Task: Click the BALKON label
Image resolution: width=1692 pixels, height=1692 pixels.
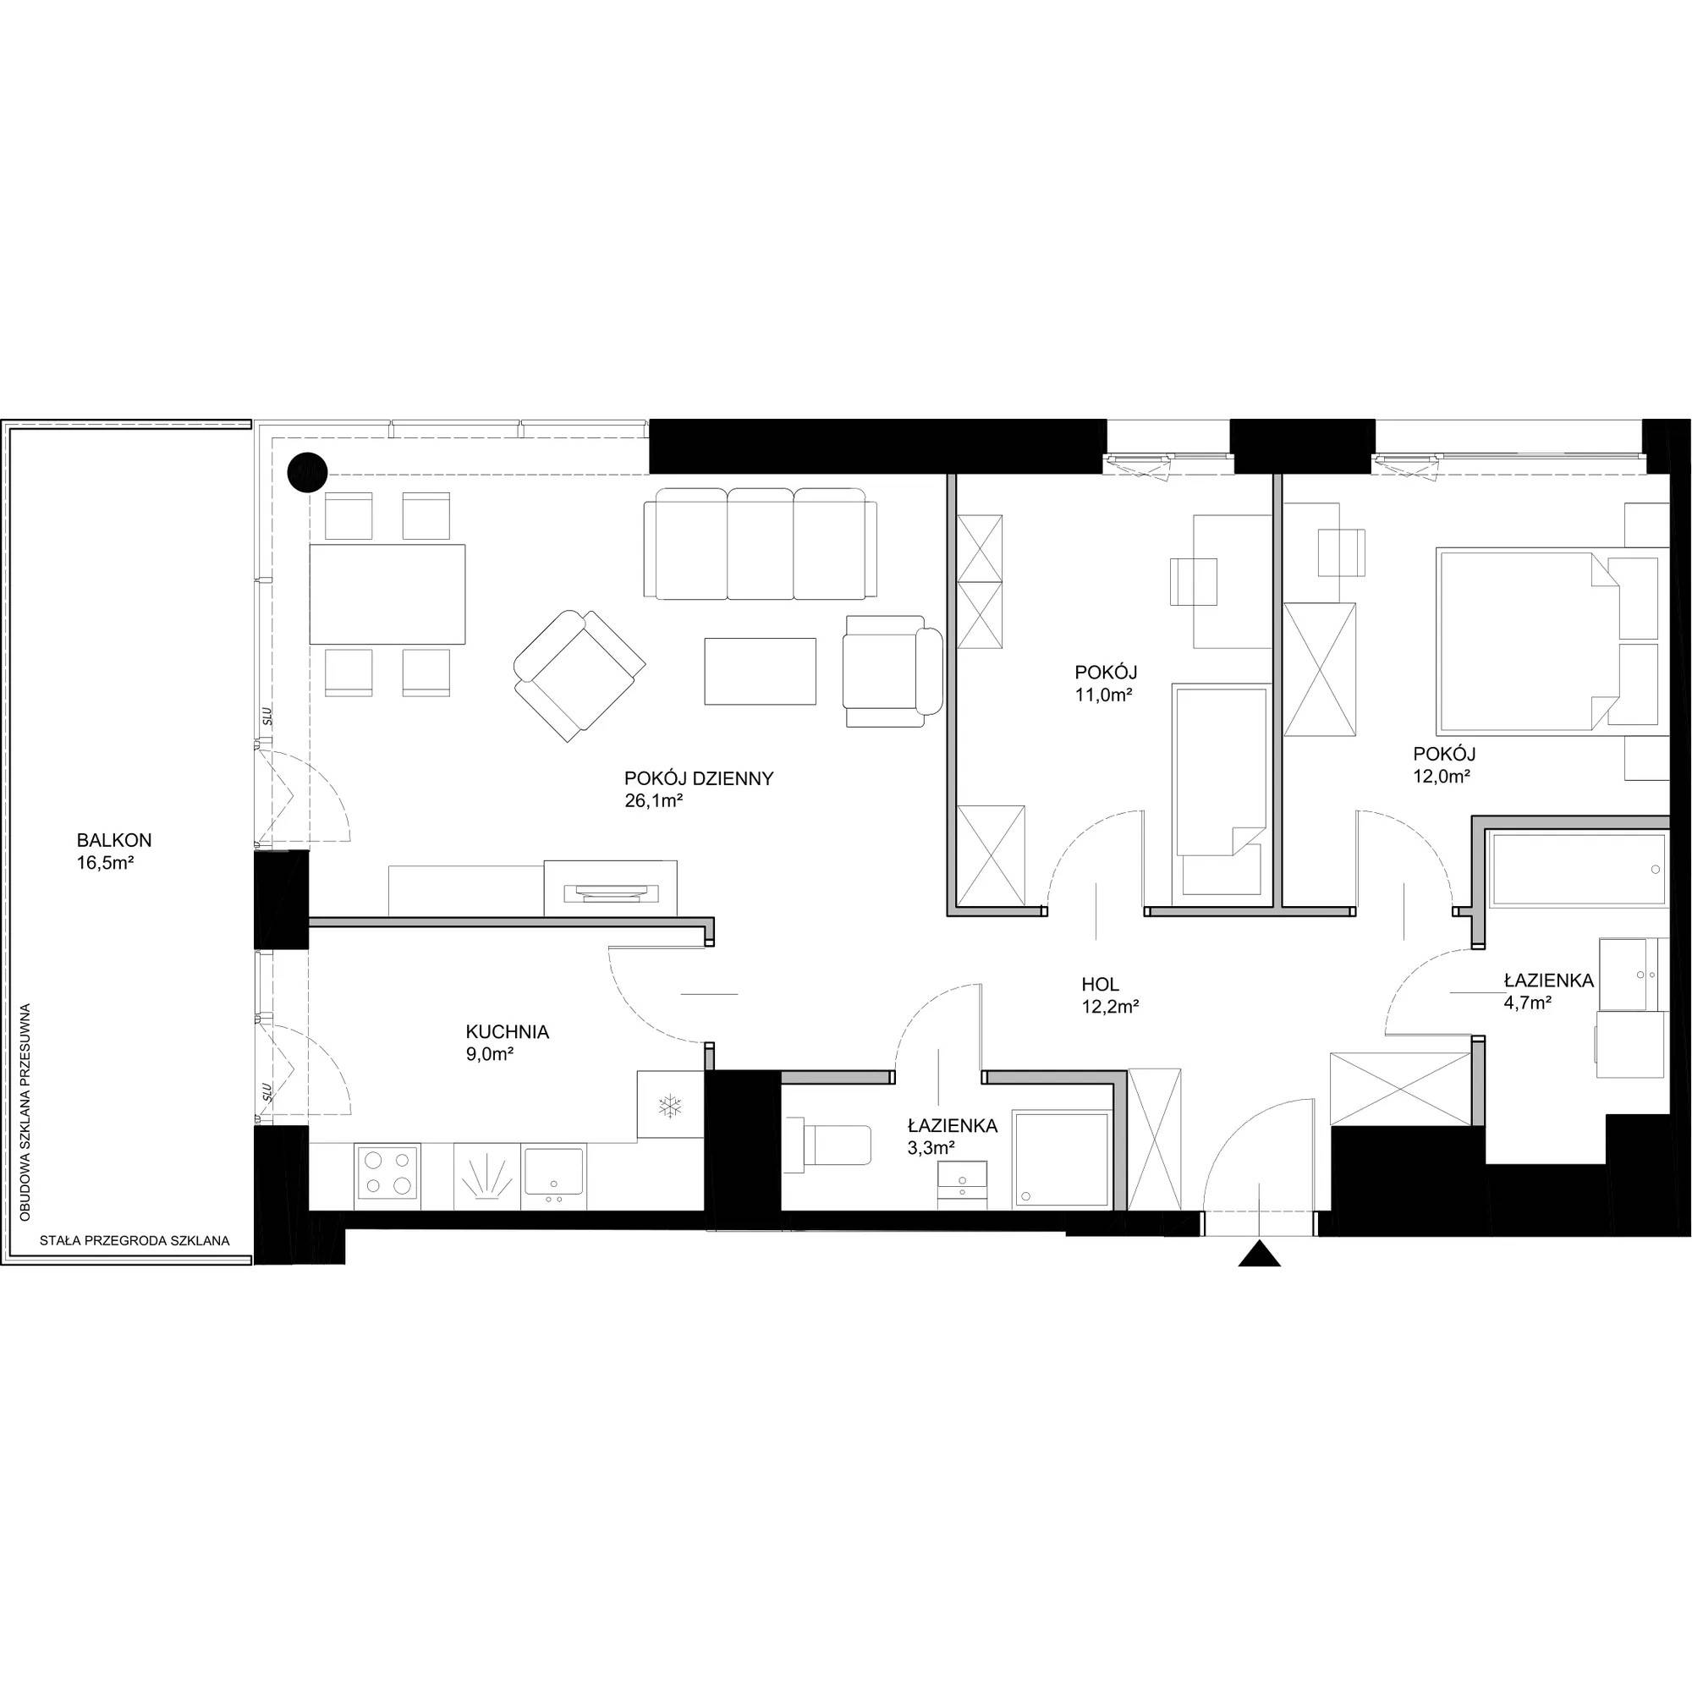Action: [x=114, y=841]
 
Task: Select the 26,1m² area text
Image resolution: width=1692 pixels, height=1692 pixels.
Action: [x=653, y=800]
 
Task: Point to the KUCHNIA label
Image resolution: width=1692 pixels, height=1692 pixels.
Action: [x=507, y=1032]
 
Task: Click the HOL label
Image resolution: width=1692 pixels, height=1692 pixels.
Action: [x=1100, y=985]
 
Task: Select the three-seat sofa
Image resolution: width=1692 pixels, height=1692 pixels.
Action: [x=760, y=544]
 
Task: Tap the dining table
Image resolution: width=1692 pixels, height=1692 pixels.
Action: [x=387, y=594]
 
